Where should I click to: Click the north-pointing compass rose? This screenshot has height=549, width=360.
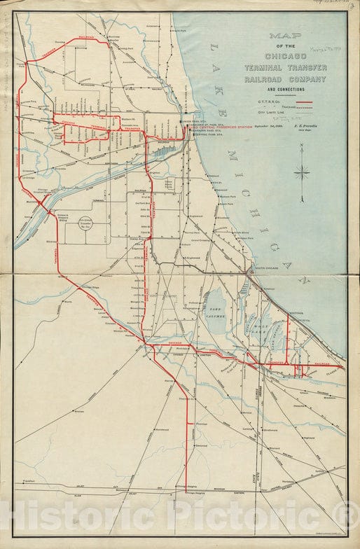(x=303, y=172)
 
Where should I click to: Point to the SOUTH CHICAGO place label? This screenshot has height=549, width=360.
(x=267, y=268)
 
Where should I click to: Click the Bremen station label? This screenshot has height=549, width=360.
(x=78, y=412)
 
